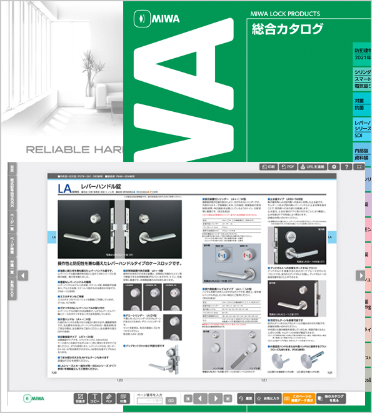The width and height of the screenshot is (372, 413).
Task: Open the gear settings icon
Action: [335, 167]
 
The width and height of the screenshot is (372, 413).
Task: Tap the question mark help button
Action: [346, 167]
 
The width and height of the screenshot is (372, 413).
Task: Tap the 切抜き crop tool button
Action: [80, 398]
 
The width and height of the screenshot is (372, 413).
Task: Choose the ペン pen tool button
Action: [107, 398]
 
